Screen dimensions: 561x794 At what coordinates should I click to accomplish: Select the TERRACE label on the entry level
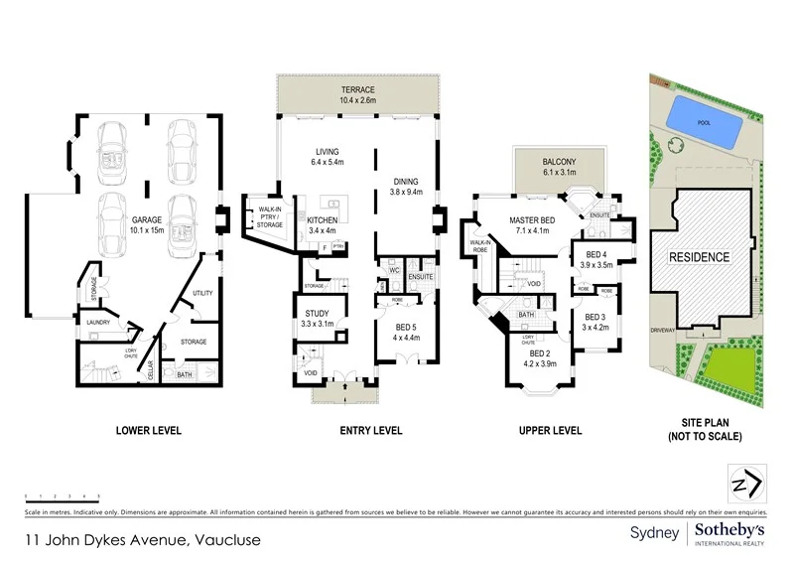pos(357,89)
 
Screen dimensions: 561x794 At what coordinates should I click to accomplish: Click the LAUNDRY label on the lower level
pos(97,323)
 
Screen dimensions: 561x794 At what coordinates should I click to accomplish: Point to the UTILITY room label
pos(203,294)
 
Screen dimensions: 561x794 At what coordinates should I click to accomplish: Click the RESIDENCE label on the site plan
pos(698,257)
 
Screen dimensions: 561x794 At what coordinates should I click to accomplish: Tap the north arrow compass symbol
pos(745,484)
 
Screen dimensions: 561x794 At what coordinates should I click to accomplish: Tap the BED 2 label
pos(539,353)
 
